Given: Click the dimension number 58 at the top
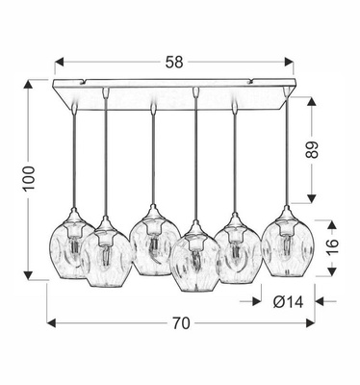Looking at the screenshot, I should [174, 60].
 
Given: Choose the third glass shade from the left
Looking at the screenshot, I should [152, 246].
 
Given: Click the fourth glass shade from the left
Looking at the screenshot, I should [195, 263].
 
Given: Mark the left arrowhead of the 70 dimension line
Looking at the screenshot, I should [51, 322].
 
